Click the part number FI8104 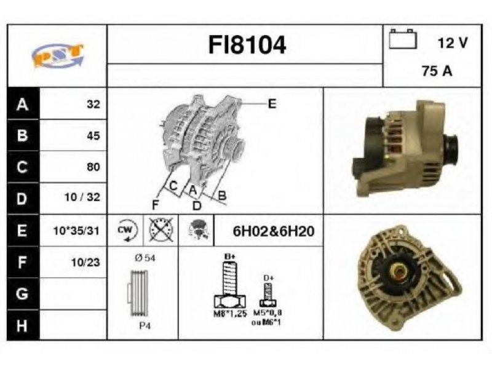[x=247, y=45]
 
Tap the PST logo [x=58, y=55]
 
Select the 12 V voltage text [x=453, y=42]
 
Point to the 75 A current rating [x=437, y=71]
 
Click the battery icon [x=403, y=39]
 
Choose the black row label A [x=23, y=104]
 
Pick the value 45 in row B [x=93, y=135]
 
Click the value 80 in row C [x=93, y=167]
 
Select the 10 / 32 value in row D [x=82, y=197]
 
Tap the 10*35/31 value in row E [x=76, y=231]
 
